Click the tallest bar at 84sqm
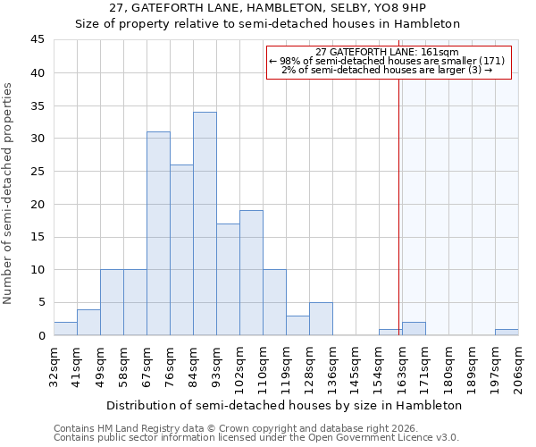point(205,223)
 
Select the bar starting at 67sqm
point(158,233)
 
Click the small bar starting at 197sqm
point(507,332)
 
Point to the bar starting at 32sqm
point(65,328)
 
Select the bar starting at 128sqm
point(321,319)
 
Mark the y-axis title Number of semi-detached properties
point(8,193)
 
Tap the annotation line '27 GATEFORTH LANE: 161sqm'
point(387,52)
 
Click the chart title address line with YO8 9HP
point(267,8)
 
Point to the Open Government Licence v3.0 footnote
point(256,437)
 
